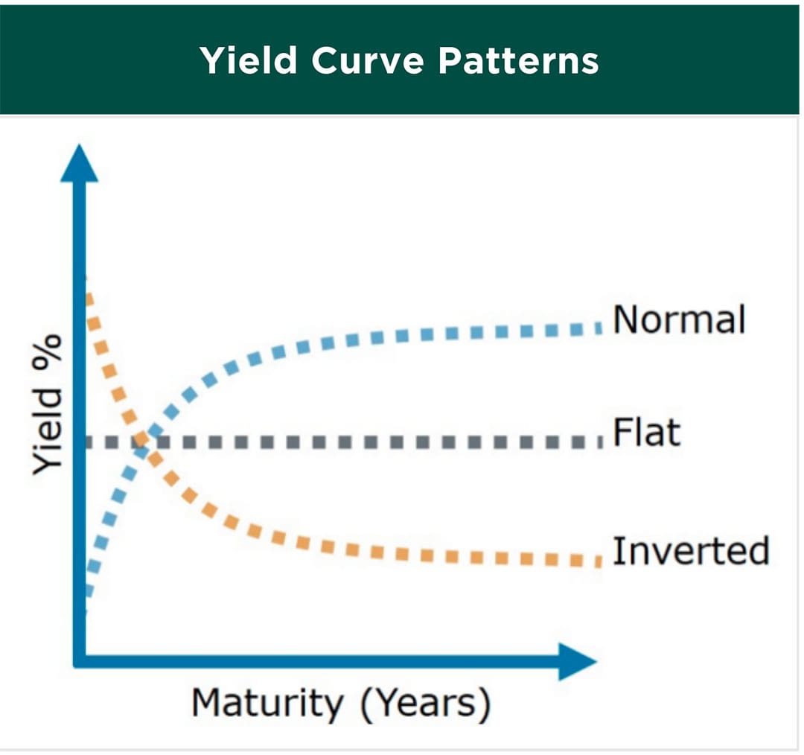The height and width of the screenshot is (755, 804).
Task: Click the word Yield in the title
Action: point(249,60)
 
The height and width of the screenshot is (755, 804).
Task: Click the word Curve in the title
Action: point(367,60)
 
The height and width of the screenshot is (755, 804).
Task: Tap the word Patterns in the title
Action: point(518,60)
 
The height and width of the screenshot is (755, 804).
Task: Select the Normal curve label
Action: point(679,319)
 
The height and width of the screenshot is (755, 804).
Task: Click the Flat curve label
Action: point(647,432)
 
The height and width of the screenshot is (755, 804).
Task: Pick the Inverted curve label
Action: point(691,550)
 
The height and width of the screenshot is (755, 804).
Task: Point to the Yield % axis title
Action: point(47,404)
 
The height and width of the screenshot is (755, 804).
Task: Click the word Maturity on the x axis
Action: point(267,703)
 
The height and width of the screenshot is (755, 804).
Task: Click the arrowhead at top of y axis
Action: point(80,163)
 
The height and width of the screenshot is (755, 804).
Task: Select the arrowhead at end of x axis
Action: point(578,662)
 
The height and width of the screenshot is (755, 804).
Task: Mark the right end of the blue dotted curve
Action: point(600,328)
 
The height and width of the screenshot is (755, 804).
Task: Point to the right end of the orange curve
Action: point(599,561)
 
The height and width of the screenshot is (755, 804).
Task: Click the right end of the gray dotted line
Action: point(600,442)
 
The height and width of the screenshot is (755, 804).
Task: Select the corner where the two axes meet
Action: point(80,662)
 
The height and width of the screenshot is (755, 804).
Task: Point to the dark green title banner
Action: point(400,60)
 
